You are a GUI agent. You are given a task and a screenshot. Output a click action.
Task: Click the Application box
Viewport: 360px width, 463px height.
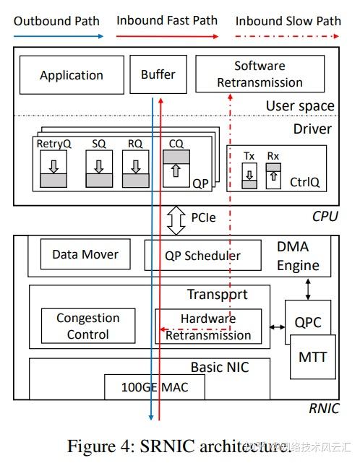coord(72,75)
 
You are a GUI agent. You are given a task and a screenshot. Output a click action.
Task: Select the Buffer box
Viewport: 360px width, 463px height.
coord(158,75)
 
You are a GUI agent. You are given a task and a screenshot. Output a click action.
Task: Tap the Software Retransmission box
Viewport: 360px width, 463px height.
coord(260,75)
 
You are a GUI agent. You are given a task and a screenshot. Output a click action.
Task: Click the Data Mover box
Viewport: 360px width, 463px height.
coord(85,254)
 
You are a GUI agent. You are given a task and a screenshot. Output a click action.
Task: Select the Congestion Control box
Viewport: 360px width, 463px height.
coord(87,326)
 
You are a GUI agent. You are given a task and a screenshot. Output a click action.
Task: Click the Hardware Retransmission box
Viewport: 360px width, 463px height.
coord(208,326)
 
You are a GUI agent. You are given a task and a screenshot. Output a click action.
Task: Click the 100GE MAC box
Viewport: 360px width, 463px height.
coord(155,387)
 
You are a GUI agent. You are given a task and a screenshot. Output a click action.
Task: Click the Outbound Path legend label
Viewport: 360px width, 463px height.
coord(56,21)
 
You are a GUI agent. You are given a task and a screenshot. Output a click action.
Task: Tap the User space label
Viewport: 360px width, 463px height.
coord(300,106)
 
